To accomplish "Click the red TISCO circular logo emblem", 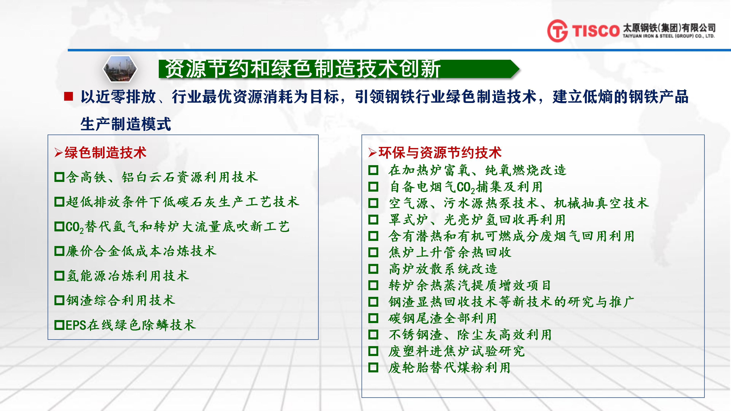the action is click(557, 31).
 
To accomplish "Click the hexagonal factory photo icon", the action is click(120, 69).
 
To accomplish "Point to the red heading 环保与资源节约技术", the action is click(440, 153).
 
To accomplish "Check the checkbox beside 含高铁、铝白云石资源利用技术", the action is click(59, 177).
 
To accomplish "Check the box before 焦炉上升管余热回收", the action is click(373, 252).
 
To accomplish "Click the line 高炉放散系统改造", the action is click(443, 269).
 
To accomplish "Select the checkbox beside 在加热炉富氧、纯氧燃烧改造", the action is click(373, 170).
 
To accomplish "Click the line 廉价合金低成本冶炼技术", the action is click(141, 251).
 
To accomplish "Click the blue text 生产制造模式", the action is click(126, 124).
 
